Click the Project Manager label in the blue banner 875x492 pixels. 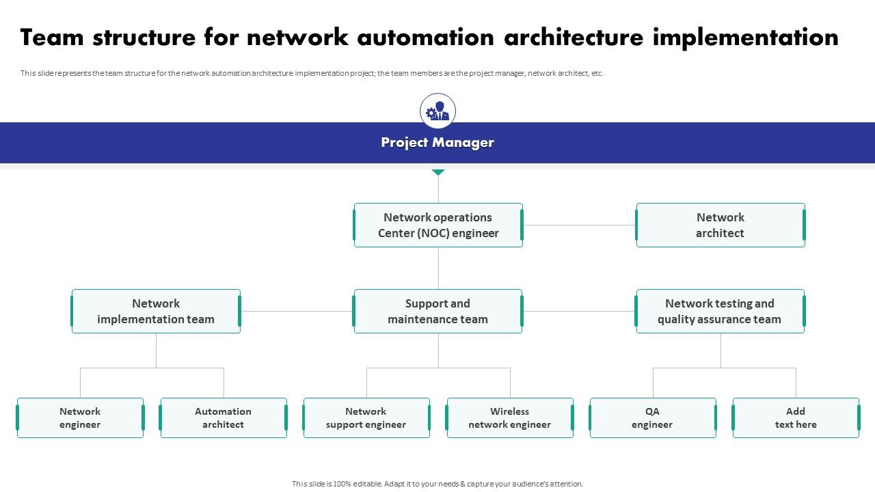pos(437,143)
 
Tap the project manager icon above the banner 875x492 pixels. pos(437,111)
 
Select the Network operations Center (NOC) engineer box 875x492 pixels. pos(438,225)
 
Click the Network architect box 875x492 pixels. pos(721,225)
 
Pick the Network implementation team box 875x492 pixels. pos(156,311)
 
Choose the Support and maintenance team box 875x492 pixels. pos(438,311)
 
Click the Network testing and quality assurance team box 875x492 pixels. pos(720,311)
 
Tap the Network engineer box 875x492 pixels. pos(80,418)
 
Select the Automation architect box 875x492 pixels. pos(224,418)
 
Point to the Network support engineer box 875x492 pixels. pos(366,418)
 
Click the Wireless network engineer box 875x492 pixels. pos(510,418)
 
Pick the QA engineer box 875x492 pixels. pos(653,418)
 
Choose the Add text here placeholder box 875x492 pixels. pos(796,418)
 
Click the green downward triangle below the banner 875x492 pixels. pos(438,172)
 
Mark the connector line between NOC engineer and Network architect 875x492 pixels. pos(579,225)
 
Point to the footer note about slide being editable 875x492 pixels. pos(437,484)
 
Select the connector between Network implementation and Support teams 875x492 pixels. pos(297,311)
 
